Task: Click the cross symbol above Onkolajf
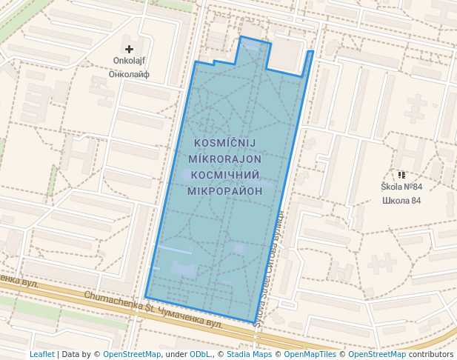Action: pos(129,49)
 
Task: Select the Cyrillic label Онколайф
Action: pos(129,74)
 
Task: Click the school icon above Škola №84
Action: pos(401,175)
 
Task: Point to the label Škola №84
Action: pos(401,187)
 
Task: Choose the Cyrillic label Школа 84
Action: pos(401,200)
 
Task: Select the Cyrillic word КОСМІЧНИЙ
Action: pos(227,175)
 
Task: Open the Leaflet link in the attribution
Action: pos(41,354)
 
